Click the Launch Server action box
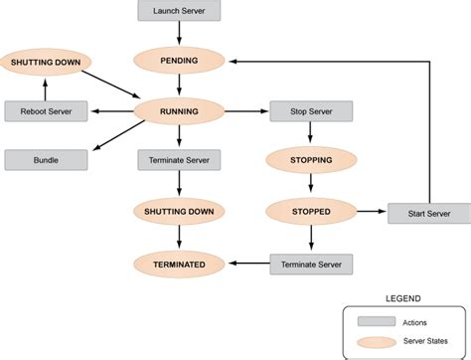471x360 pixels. tap(179, 12)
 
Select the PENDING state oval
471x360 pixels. tap(179, 61)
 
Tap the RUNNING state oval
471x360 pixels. tap(179, 111)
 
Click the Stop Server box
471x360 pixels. tap(311, 111)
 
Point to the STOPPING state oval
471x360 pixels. tap(311, 158)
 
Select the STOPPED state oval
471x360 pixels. tap(311, 210)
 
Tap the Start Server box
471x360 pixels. tap(428, 213)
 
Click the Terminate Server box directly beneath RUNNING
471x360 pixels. tap(179, 159)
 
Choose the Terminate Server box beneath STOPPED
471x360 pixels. tap(311, 264)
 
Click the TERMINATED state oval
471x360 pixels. tap(179, 264)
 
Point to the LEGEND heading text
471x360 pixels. tap(402, 297)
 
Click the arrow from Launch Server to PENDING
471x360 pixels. tap(179, 34)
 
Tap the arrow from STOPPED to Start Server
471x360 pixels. tap(370, 211)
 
